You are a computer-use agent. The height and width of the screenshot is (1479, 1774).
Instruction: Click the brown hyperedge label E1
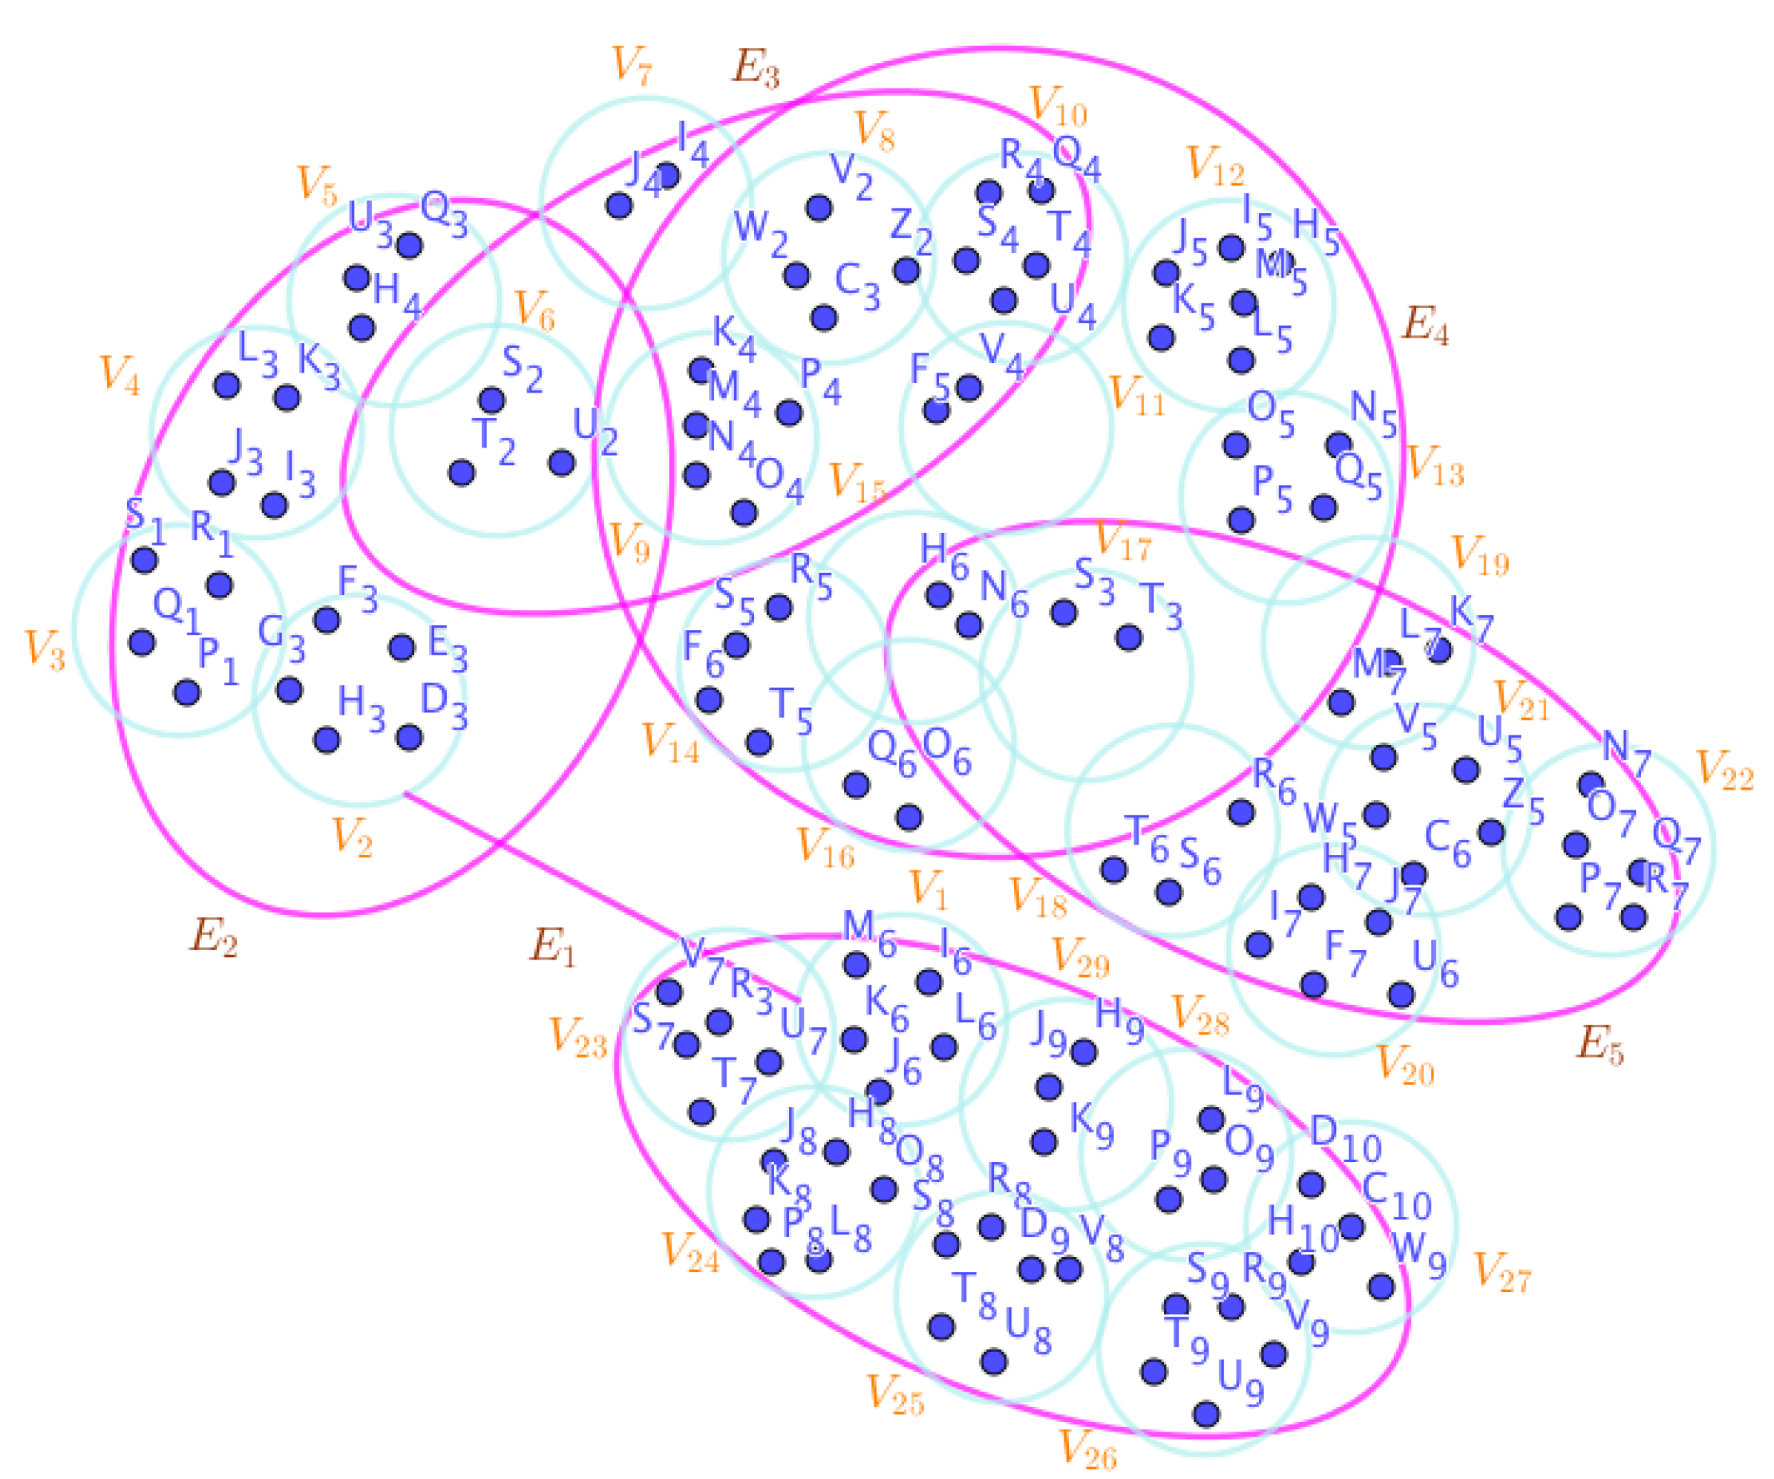click(x=552, y=946)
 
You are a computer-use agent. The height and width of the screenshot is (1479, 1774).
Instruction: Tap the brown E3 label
click(x=755, y=68)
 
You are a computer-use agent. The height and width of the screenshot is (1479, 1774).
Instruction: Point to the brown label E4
click(x=1425, y=325)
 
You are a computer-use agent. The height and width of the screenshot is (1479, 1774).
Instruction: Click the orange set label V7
click(x=631, y=65)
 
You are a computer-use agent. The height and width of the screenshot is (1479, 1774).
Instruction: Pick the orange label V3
click(x=45, y=649)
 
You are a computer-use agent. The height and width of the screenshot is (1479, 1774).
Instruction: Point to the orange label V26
click(x=1088, y=1449)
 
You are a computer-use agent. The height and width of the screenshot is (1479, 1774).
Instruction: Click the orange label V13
click(x=1434, y=465)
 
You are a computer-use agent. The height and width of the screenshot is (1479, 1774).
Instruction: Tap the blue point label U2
click(x=595, y=432)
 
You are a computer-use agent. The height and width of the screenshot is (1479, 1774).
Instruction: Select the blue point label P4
click(x=820, y=381)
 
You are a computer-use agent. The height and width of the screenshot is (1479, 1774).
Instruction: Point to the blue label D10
click(x=1345, y=1141)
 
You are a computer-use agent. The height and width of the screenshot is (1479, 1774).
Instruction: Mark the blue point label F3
click(x=357, y=588)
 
